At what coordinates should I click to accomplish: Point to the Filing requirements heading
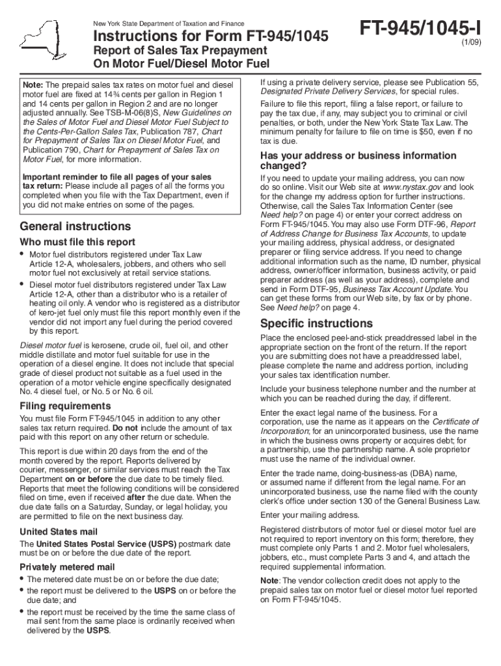tap(65, 406)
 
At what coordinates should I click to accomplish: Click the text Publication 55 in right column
tap(452, 83)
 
